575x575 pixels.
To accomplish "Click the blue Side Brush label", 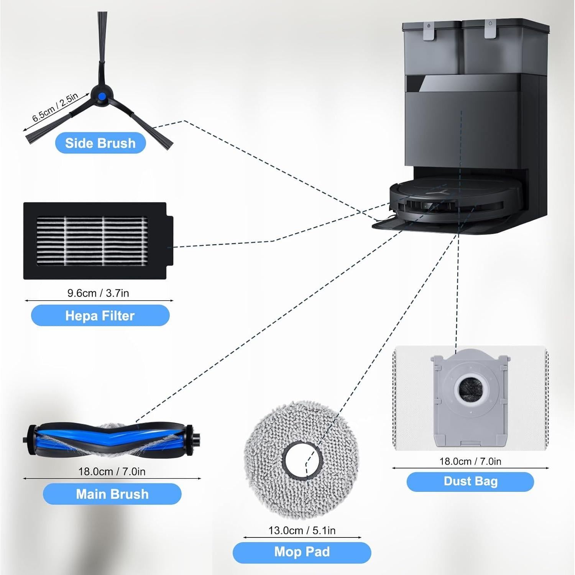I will coord(100,143).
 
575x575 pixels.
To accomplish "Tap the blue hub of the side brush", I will coord(101,96).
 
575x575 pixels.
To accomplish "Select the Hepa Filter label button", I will coord(100,315).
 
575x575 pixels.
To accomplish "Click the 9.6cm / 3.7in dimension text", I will coord(98,293).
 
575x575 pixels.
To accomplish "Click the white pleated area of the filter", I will coord(92,241).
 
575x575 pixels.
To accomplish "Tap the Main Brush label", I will coord(112,494).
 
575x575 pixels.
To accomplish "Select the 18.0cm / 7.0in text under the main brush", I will coord(112,472).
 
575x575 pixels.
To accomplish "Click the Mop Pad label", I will coord(302,552).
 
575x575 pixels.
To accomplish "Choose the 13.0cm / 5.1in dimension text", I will coord(302,531).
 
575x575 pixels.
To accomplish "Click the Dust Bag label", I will coord(470,481).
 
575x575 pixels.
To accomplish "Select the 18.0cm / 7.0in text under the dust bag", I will coord(470,461).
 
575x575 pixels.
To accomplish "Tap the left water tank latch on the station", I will coord(429,31).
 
